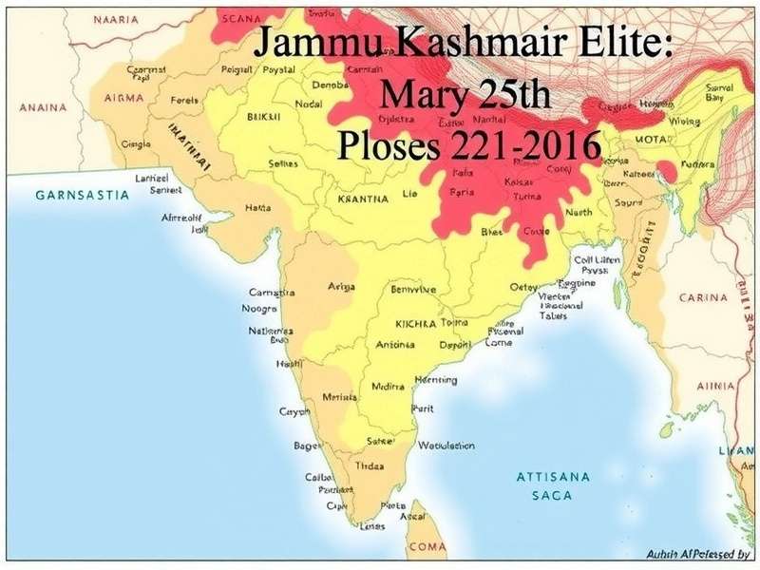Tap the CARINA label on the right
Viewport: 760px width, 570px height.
point(703,297)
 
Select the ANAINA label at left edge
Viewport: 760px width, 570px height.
point(35,107)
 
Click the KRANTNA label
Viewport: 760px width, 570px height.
point(356,199)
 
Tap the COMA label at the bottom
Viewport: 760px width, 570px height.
point(427,547)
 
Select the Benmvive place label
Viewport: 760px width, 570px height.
point(412,289)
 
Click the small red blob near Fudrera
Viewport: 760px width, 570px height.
point(668,171)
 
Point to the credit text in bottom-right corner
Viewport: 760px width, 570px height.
point(697,553)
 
